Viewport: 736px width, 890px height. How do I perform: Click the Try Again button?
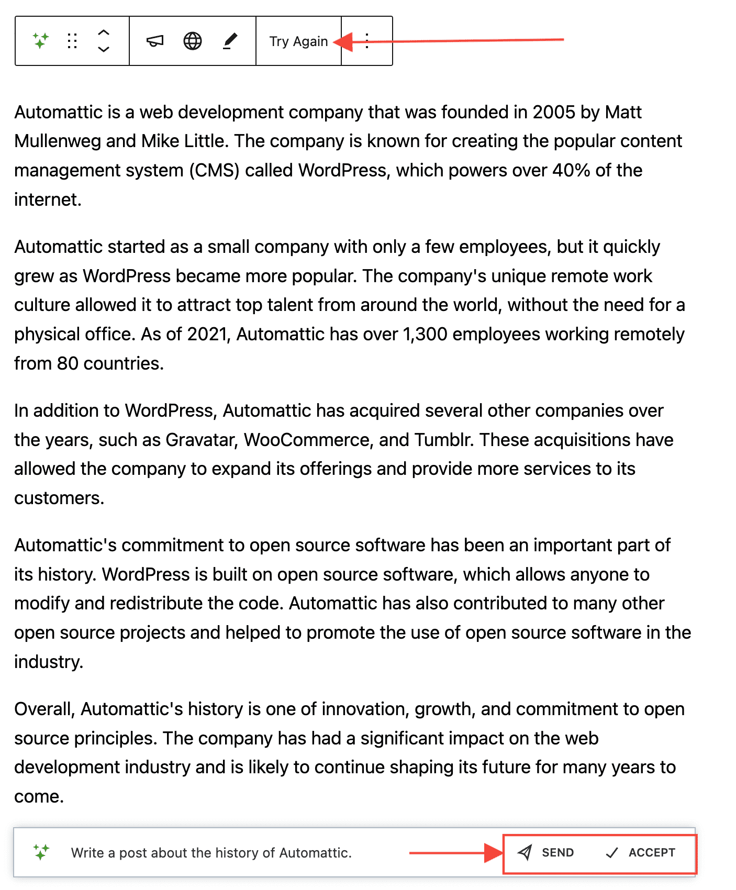(298, 41)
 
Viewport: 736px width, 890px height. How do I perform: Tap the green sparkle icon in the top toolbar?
(41, 40)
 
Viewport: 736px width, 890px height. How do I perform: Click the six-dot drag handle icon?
(72, 41)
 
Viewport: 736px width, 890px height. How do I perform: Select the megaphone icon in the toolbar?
(155, 41)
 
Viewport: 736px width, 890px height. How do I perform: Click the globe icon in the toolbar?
(193, 41)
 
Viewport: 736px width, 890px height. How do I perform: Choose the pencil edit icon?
(230, 41)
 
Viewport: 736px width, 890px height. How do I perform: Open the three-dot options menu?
(367, 41)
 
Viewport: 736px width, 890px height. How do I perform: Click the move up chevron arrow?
(104, 32)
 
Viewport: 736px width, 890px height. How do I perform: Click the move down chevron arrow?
(104, 49)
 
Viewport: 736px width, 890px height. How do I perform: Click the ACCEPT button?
(641, 853)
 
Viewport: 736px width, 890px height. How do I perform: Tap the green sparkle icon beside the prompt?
(41, 852)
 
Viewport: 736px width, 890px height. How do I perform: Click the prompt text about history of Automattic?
(211, 853)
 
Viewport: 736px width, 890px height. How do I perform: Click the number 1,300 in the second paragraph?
(425, 335)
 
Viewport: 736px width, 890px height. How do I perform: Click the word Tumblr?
(444, 440)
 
